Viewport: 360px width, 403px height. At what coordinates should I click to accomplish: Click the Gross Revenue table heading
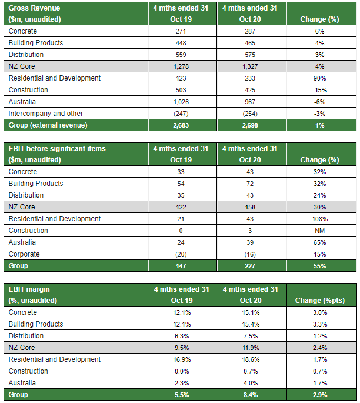click(34, 8)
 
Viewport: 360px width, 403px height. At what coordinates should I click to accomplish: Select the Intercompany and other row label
click(45, 114)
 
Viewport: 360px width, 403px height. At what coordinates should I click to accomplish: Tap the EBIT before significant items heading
click(57, 149)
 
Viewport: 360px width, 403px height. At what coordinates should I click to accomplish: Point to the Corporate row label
click(25, 254)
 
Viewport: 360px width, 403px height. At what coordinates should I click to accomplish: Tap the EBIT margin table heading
click(30, 289)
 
